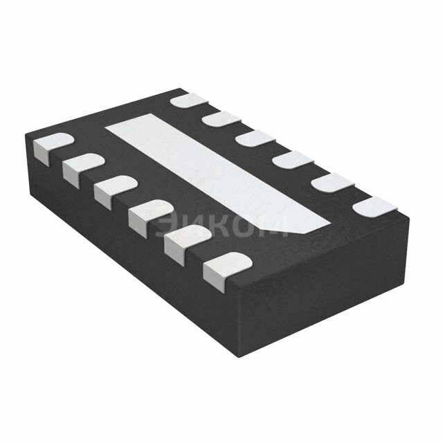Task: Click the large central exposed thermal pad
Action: (x=217, y=173)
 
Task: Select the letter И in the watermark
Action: (x=192, y=227)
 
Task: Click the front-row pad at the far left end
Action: (x=53, y=147)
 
